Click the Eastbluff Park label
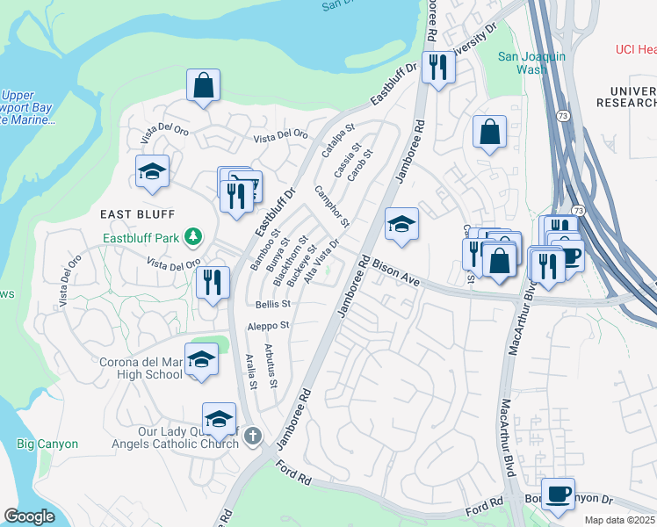141,236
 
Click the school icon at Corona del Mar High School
201,358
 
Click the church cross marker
253,435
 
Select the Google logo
30,516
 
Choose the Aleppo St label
268,325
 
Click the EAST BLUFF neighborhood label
138,214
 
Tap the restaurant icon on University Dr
437,67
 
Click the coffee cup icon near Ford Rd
558,494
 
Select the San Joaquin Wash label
532,62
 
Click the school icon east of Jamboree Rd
401,224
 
